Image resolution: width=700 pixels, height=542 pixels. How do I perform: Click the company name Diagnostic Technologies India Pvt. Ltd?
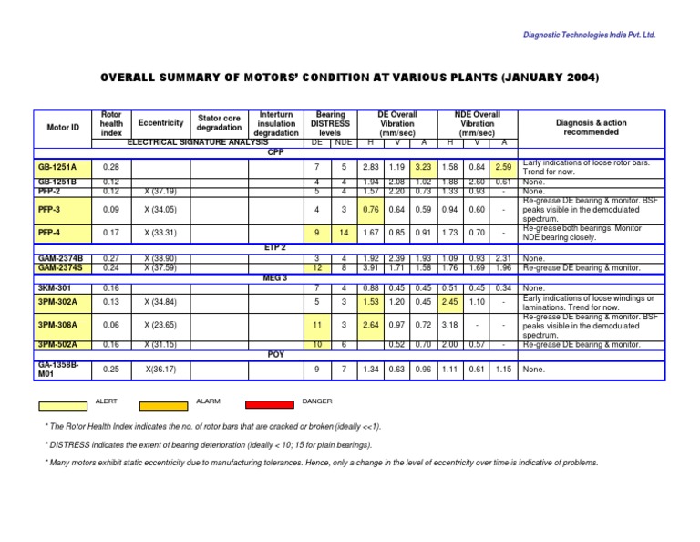pos(589,35)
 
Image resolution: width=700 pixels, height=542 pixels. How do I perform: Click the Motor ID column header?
pos(63,128)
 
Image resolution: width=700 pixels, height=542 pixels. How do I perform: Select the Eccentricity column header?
pos(160,122)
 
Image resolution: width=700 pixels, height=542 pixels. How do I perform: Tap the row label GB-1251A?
pos(58,168)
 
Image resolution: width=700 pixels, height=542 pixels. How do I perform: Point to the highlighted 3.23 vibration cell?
pos(423,168)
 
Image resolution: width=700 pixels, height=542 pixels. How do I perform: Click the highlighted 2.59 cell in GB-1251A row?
pos(504,168)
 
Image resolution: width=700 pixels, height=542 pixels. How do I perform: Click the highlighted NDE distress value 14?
pos(343,233)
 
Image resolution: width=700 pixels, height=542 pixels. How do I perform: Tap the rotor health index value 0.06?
pos(111,324)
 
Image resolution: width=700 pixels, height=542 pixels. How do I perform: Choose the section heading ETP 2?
pos(276,247)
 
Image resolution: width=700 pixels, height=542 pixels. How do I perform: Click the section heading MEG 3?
pos(276,277)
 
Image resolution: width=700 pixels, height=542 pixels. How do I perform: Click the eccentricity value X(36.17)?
pos(160,369)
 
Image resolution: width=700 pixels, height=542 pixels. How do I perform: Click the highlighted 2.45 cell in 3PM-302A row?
pos(450,301)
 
